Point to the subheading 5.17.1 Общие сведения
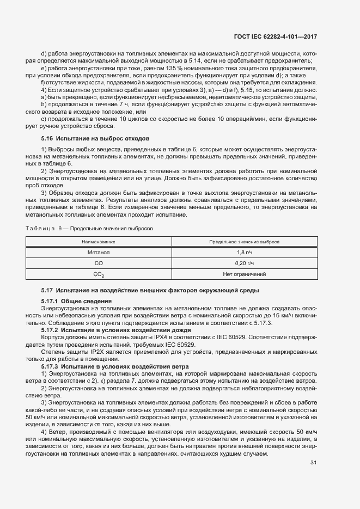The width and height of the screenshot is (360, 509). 77,301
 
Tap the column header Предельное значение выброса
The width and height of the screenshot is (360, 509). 245,241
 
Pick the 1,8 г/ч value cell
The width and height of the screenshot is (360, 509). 245,252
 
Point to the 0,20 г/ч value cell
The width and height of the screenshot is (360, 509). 245,263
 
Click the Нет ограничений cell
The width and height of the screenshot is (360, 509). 245,274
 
